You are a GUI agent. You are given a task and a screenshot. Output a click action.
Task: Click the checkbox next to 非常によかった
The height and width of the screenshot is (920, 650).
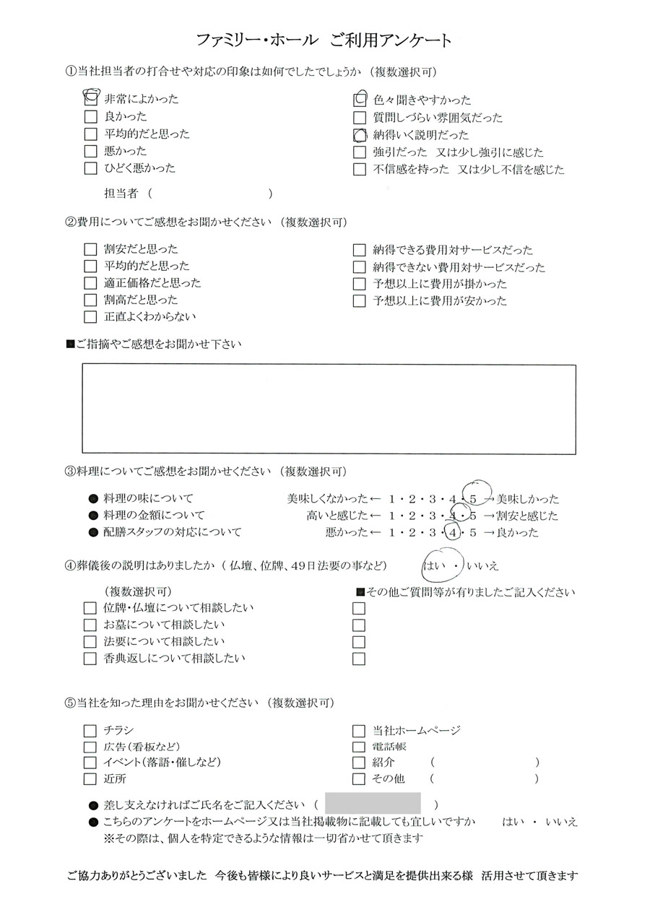point(90,99)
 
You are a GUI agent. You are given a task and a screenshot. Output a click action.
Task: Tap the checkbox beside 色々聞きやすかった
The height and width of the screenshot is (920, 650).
point(359,100)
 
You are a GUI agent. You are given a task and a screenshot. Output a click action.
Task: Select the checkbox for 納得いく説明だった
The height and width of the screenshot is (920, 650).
point(359,135)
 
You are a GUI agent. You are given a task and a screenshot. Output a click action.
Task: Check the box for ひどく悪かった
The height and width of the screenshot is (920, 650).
point(90,168)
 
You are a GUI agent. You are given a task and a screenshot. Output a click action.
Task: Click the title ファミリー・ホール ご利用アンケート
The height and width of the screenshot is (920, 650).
point(324,40)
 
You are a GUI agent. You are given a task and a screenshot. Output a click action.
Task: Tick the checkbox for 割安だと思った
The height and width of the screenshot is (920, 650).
point(90,249)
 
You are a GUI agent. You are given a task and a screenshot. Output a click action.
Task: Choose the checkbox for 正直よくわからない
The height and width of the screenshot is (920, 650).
point(90,316)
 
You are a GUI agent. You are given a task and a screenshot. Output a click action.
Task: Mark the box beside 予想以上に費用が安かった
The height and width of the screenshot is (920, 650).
point(359,301)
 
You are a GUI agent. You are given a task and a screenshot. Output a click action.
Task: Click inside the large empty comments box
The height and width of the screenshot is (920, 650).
point(329,409)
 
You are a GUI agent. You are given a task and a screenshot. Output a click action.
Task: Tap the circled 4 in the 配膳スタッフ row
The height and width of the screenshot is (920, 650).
point(453,533)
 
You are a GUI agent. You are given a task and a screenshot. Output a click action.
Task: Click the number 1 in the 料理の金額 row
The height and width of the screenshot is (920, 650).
point(391,516)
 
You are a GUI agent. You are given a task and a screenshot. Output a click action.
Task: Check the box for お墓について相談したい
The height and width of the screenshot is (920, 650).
point(90,625)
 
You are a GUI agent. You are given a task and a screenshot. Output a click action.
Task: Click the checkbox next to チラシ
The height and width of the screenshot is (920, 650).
point(90,731)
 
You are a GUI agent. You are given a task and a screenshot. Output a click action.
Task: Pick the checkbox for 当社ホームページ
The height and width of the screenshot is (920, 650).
point(359,731)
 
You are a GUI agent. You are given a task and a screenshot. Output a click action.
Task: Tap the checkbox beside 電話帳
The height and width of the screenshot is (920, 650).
point(359,747)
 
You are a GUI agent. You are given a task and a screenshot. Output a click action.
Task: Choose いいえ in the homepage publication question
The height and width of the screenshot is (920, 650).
point(562,822)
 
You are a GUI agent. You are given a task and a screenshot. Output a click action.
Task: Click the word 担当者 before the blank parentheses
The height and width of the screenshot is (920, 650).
point(123,194)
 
